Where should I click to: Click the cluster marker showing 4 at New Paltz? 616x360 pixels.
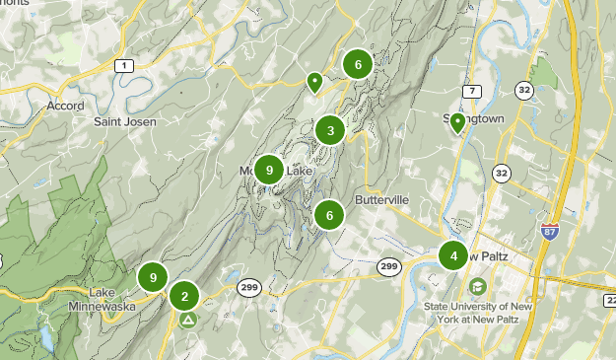pyautogui.click(x=453, y=256)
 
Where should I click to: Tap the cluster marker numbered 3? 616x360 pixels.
pyautogui.click(x=330, y=130)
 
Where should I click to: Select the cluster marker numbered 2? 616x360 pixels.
pyautogui.click(x=184, y=295)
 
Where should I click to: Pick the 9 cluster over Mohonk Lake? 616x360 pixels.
pyautogui.click(x=269, y=170)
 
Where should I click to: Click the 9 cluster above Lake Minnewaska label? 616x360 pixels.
pyautogui.click(x=153, y=277)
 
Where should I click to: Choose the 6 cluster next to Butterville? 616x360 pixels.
pyautogui.click(x=329, y=214)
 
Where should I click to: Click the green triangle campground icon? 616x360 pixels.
pyautogui.click(x=188, y=320)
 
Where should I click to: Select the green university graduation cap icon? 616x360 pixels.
pyautogui.click(x=478, y=286)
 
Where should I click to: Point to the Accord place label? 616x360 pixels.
pyautogui.click(x=65, y=106)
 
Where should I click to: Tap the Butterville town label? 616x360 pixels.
pyautogui.click(x=381, y=199)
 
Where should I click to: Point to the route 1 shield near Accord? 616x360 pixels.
pyautogui.click(x=123, y=65)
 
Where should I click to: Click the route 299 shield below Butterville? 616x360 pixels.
pyautogui.click(x=388, y=266)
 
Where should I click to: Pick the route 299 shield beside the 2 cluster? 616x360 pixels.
pyautogui.click(x=249, y=287)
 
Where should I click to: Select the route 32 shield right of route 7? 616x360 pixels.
pyautogui.click(x=522, y=91)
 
